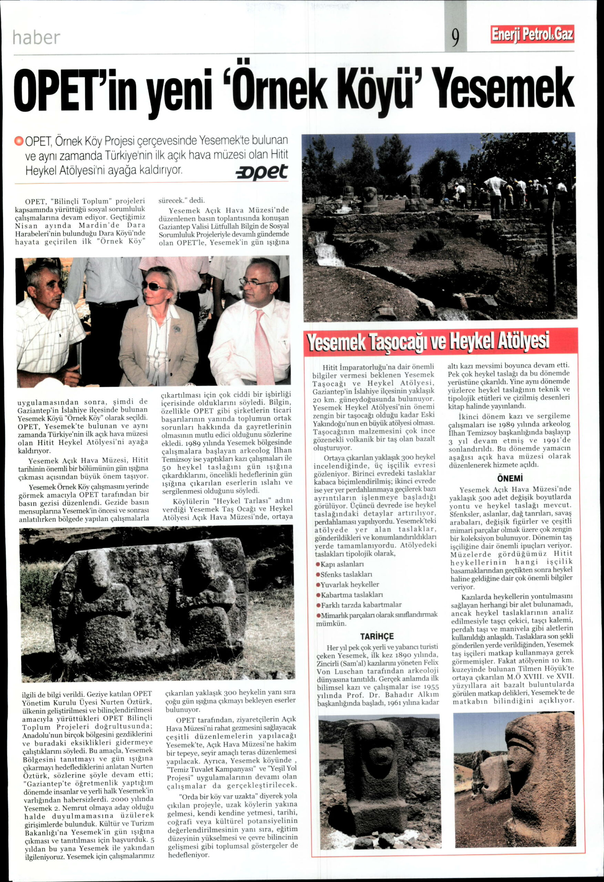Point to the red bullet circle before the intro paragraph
pyautogui.click(x=19, y=141)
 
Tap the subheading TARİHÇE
pyautogui.click(x=377, y=636)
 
